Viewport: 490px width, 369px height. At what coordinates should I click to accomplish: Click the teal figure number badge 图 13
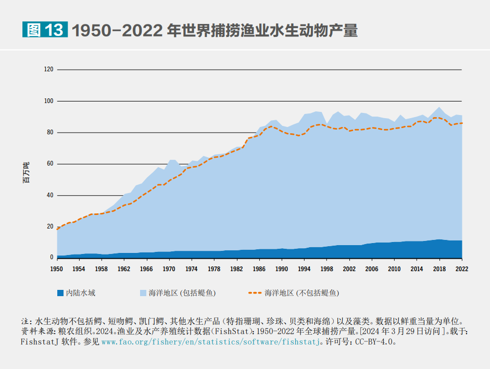(45, 30)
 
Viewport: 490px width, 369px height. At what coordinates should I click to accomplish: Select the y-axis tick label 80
(50, 132)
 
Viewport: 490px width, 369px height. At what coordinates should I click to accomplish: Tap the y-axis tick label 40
(50, 195)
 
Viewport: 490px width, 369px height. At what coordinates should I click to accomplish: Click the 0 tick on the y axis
(52, 257)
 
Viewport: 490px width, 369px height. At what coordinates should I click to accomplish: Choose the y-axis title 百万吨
(26, 172)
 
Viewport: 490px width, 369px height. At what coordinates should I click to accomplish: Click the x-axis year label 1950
(56, 269)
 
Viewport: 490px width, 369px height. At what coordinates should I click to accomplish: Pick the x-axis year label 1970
(169, 269)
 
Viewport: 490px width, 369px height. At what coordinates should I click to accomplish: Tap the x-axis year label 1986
(259, 269)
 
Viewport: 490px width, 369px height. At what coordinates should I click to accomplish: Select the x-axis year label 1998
(326, 269)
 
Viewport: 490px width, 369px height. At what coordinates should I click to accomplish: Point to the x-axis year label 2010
(394, 269)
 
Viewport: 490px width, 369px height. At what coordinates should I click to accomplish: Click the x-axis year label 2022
(461, 269)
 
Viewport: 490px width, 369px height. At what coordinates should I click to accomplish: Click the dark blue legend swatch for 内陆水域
(60, 292)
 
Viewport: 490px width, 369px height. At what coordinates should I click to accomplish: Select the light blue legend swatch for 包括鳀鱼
(143, 292)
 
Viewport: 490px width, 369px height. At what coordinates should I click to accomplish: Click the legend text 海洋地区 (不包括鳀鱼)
(301, 293)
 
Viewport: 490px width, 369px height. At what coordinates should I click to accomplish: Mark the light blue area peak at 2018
(439, 108)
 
